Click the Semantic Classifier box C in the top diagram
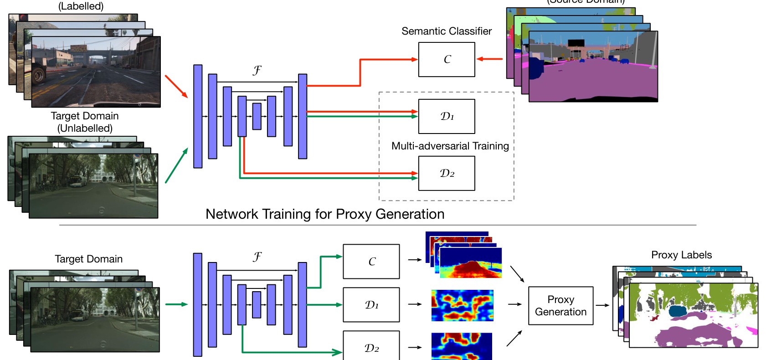[447, 60]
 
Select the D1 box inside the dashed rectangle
[447, 116]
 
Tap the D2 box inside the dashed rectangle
[447, 173]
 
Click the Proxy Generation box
[560, 306]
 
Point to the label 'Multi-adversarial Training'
[450, 146]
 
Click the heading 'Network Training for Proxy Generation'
[325, 214]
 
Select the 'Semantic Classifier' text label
[447, 31]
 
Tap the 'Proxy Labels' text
[681, 255]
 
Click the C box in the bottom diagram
[371, 262]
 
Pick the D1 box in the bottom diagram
[371, 305]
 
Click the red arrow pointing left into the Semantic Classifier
[490, 59]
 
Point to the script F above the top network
[257, 70]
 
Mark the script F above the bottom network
[257, 257]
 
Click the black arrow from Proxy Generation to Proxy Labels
[602, 305]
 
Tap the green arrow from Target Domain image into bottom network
[176, 304]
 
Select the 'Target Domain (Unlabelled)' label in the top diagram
[85, 122]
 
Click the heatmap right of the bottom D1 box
[462, 305]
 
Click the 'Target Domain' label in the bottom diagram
[89, 259]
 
